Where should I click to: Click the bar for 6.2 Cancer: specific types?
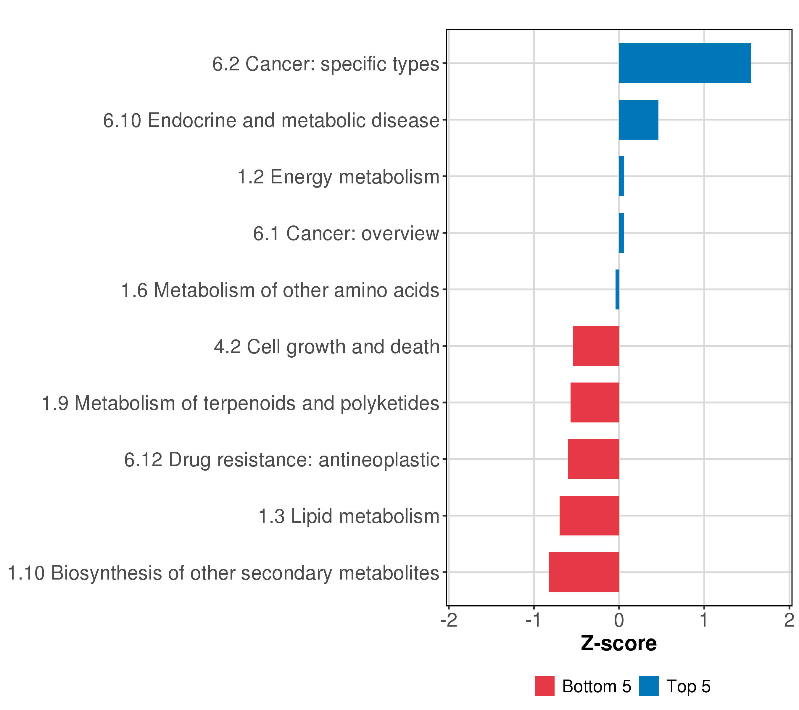684,63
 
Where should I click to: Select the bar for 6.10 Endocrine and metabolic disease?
638,120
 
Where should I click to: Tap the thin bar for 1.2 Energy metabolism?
621,176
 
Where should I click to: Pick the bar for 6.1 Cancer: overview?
621,233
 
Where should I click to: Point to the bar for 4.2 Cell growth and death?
596,346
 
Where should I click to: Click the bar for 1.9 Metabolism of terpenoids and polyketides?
595,402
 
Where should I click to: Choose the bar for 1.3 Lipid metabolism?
589,515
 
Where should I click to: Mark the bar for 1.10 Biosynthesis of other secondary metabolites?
584,572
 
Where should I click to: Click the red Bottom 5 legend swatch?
545,686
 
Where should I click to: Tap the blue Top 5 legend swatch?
649,686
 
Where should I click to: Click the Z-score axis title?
619,643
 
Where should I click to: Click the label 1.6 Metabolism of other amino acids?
280,290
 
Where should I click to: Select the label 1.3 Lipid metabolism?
349,516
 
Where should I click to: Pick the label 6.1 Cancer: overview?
346,234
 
